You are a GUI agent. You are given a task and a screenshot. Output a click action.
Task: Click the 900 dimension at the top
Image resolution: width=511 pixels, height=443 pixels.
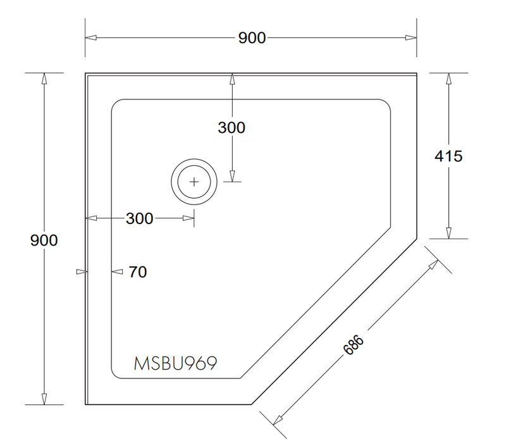click(x=252, y=38)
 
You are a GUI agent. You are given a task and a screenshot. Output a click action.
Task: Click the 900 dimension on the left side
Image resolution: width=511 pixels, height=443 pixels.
click(x=44, y=240)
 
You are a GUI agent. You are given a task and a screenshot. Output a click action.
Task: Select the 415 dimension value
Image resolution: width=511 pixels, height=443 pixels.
click(x=448, y=156)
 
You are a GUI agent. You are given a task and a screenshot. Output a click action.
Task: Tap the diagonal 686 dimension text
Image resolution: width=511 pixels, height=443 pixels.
click(x=354, y=345)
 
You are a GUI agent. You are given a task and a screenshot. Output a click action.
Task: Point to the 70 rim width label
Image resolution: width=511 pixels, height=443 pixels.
click(x=138, y=271)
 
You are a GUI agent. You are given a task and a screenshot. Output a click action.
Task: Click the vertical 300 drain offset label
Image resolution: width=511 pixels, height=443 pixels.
click(x=231, y=128)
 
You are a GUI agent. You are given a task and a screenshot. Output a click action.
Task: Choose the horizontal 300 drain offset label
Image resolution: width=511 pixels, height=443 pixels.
click(x=140, y=218)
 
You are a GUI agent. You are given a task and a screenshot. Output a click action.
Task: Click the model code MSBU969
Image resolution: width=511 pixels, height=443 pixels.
click(x=175, y=363)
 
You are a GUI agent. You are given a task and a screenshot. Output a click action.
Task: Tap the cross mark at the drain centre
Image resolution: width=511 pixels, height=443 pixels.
click(x=194, y=182)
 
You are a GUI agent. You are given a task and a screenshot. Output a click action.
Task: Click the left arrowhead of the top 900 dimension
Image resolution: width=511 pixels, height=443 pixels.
click(x=91, y=37)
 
